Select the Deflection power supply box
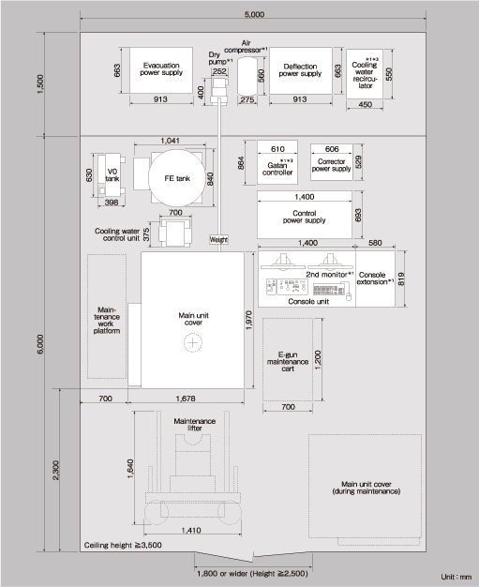294,69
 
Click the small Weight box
218,239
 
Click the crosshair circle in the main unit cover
193,343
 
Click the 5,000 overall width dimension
253,15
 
